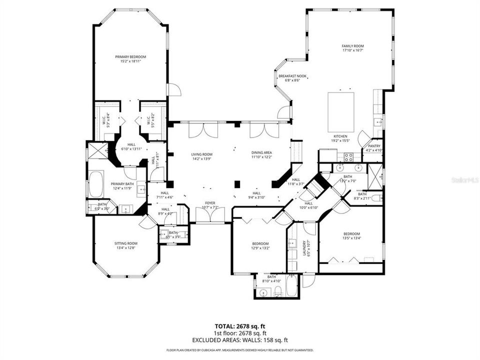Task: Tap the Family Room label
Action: (352, 46)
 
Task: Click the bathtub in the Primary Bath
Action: (96, 184)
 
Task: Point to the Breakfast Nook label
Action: (295, 76)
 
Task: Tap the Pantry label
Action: (374, 146)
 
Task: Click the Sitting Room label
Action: (126, 243)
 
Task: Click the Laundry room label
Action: (303, 248)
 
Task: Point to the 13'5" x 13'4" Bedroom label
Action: (351, 234)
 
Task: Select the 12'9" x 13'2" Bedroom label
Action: (260, 244)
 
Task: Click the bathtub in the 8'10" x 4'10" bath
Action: (291, 288)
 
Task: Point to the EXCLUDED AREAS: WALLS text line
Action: (240, 339)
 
